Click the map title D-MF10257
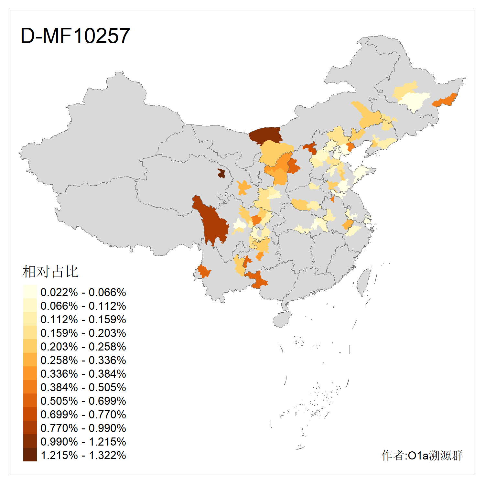click(75, 36)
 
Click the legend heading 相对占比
click(50, 272)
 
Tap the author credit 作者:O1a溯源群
click(422, 455)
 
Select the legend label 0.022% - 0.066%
click(83, 292)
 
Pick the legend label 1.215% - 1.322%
click(83, 455)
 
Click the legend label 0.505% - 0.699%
click(83, 401)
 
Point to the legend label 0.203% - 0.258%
click(83, 347)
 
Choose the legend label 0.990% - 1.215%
click(83, 442)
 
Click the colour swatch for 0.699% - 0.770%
click(30, 415)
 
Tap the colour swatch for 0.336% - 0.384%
click(30, 374)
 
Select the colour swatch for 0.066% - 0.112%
click(30, 306)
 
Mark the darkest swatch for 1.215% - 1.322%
click(30, 455)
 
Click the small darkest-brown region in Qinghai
click(221, 173)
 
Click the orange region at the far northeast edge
click(446, 100)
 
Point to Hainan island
click(282, 319)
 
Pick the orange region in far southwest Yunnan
click(204, 271)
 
